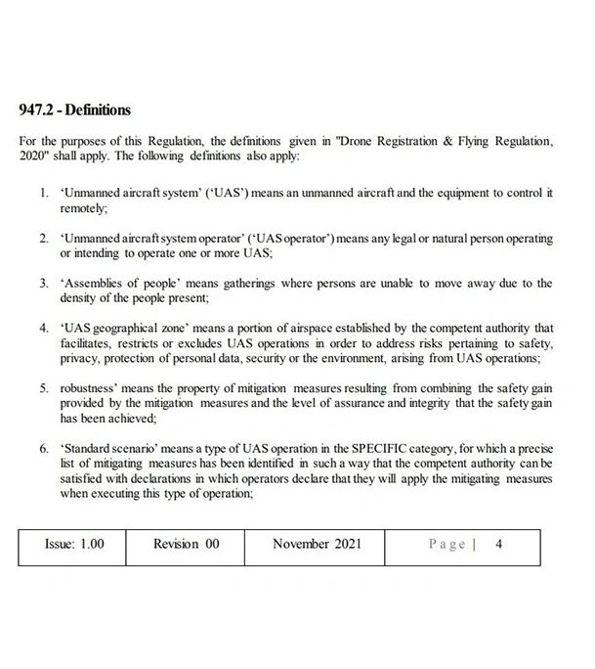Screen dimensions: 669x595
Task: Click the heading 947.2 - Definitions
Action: point(75,110)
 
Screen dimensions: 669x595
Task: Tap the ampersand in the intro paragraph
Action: point(447,141)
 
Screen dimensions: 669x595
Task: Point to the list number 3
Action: point(44,283)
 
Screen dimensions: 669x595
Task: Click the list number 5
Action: point(44,388)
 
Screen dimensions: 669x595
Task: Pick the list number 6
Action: point(44,449)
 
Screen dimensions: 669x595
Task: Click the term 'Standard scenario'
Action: point(107,449)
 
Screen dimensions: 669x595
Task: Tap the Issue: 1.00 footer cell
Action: point(74,545)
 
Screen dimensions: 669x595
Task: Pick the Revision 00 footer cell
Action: point(186,545)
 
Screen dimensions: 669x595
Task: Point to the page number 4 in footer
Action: point(498,545)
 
